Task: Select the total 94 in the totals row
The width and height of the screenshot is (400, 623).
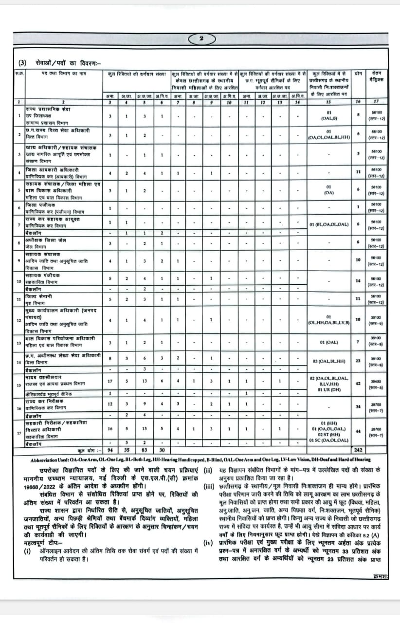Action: pos(110,451)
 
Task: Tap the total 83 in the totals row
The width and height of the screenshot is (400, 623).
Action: pos(144,451)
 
